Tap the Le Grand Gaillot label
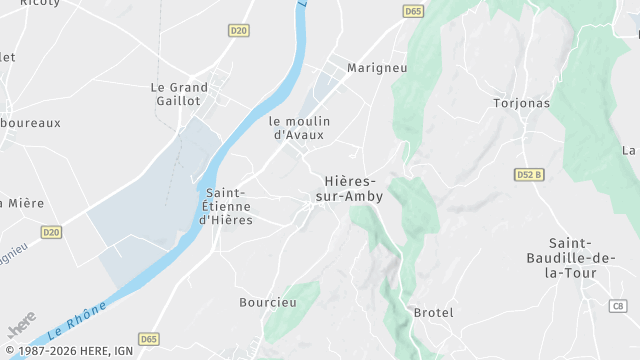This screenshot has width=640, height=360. (180, 94)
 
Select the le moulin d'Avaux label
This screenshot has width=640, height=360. (300, 128)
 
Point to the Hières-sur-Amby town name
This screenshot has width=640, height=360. (350, 189)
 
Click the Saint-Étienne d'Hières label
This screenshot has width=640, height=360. (227, 206)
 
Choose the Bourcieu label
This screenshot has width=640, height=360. (268, 302)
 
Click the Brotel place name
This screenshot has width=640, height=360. (433, 313)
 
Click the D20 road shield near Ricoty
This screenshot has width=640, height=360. (238, 31)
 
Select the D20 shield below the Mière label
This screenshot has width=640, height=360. (52, 232)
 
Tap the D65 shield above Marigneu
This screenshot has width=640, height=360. (413, 11)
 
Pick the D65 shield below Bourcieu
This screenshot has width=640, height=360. (149, 339)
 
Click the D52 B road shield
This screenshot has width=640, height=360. (529, 174)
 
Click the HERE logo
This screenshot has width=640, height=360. (21, 325)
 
